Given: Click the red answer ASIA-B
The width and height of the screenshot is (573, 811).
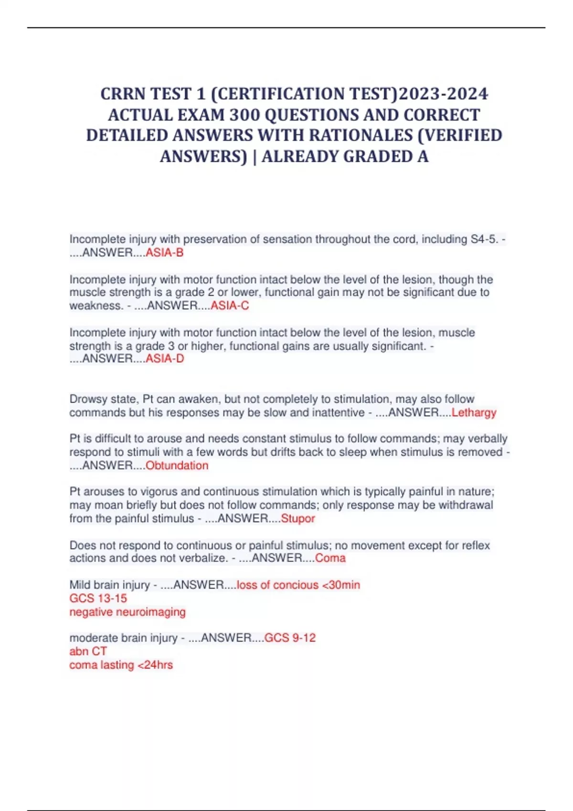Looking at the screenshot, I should pyautogui.click(x=164, y=253).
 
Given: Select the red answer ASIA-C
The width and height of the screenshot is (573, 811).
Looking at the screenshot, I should pyautogui.click(x=230, y=306).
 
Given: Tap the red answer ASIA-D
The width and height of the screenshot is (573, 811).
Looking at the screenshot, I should pyautogui.click(x=165, y=359).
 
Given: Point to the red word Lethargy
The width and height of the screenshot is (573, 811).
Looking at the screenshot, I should pyautogui.click(x=474, y=413).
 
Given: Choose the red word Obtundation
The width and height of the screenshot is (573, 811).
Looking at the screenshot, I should pyautogui.click(x=177, y=466).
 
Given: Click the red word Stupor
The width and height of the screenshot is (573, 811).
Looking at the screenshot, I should pyautogui.click(x=298, y=519).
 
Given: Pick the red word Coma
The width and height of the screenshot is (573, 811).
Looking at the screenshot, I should pyautogui.click(x=330, y=558).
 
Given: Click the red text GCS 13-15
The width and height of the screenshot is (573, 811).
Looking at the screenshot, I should pyautogui.click(x=98, y=599).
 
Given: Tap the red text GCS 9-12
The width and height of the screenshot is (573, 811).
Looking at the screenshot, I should pyautogui.click(x=290, y=638).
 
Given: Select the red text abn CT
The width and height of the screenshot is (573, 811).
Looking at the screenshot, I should pyautogui.click(x=88, y=652).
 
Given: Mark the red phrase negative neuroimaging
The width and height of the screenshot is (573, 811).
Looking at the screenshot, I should pyautogui.click(x=127, y=612).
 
